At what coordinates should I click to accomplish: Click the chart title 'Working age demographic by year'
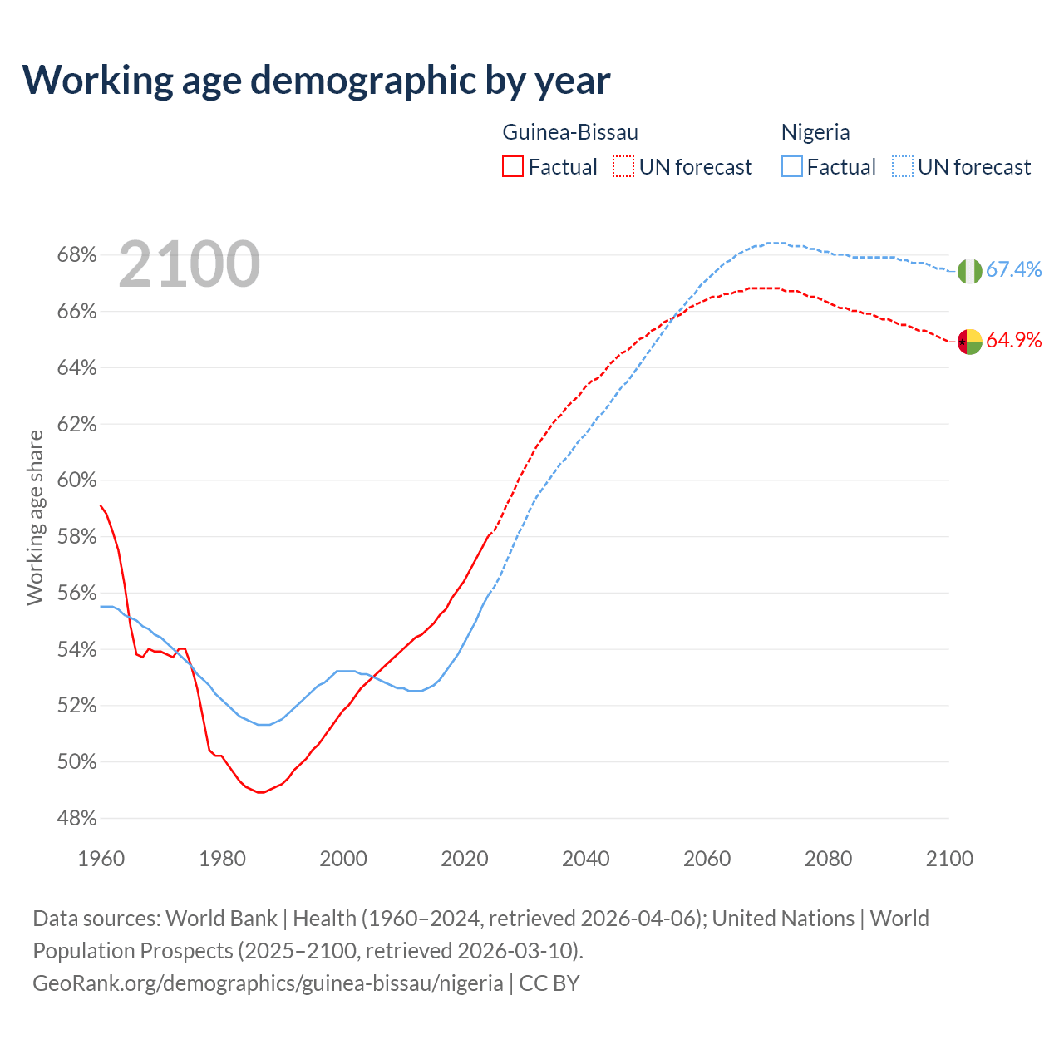(x=316, y=80)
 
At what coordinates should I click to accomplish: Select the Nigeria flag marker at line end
(x=969, y=271)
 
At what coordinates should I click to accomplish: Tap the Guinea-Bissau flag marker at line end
(x=969, y=341)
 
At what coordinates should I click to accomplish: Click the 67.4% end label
(x=1013, y=269)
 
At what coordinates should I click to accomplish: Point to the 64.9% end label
(x=1013, y=340)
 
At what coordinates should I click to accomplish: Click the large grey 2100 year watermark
(x=190, y=264)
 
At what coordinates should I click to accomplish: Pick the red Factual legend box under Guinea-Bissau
(x=513, y=167)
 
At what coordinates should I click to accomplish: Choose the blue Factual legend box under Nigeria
(x=791, y=167)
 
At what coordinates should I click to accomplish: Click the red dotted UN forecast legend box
(x=623, y=167)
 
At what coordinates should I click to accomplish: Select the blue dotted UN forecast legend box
(x=902, y=167)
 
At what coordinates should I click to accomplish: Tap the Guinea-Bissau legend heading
(x=570, y=132)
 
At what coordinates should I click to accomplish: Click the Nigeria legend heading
(x=815, y=132)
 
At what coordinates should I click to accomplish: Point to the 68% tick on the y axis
(x=76, y=255)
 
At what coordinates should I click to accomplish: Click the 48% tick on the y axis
(x=76, y=819)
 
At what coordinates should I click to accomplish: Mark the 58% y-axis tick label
(x=76, y=537)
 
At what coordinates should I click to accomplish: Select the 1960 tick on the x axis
(x=101, y=859)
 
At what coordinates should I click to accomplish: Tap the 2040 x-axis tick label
(x=585, y=859)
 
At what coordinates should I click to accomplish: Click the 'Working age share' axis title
(x=35, y=517)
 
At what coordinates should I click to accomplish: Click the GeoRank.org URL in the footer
(x=268, y=983)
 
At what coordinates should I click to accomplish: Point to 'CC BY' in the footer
(x=549, y=983)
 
